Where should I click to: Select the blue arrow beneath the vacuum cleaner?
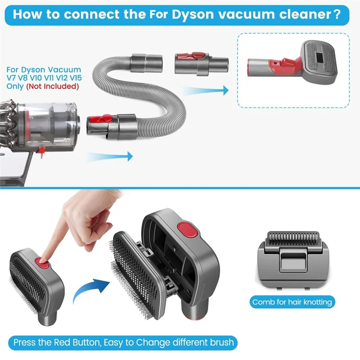[110, 157]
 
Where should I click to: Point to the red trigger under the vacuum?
[41, 153]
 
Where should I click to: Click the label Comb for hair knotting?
[292, 302]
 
